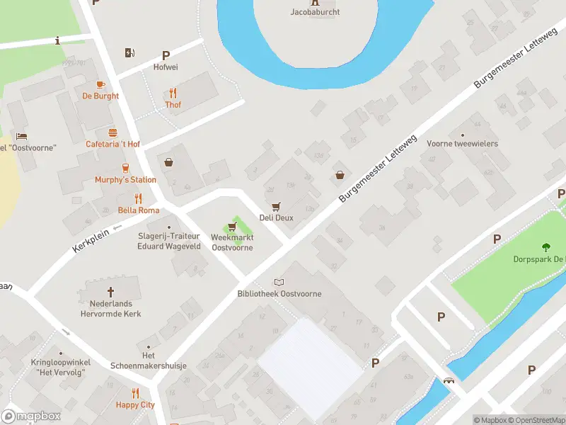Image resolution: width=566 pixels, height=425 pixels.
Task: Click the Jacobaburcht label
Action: point(315,11)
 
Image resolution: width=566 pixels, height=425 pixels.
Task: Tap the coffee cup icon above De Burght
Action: point(100,84)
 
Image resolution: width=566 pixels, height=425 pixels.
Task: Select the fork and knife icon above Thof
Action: point(173,93)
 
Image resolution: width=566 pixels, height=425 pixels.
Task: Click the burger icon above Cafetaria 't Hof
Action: point(112,132)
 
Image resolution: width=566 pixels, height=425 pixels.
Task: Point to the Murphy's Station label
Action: point(125,180)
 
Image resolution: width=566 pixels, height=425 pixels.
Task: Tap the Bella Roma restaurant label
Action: point(139,210)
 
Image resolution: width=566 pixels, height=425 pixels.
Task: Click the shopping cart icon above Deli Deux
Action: point(276,206)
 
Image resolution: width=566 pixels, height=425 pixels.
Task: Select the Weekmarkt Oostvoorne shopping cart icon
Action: point(232,227)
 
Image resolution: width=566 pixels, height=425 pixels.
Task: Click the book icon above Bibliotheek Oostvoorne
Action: point(279,282)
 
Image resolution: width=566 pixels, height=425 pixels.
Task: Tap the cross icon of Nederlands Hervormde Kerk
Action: point(110,292)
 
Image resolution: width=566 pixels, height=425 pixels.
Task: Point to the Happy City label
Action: point(136,405)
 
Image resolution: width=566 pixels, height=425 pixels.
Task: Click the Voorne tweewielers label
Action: point(463,144)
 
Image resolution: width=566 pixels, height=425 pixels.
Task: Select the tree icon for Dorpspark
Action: point(545,247)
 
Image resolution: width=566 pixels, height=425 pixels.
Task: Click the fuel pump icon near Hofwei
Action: point(129,52)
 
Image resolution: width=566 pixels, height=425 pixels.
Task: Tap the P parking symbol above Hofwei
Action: point(166,55)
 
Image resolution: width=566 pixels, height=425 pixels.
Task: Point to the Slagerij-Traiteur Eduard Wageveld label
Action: point(169,242)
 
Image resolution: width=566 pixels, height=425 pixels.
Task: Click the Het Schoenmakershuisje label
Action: point(149,361)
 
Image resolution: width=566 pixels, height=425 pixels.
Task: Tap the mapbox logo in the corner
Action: point(31,416)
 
